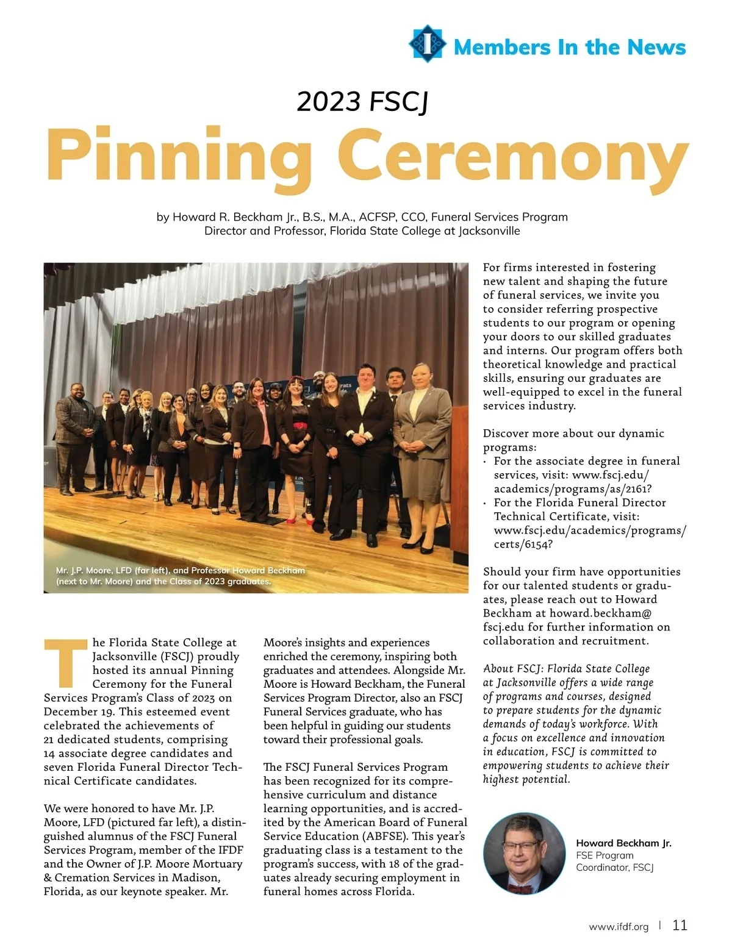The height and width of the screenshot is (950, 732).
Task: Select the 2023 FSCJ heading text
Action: tap(362, 102)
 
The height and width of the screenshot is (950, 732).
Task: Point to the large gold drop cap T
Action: tap(65, 662)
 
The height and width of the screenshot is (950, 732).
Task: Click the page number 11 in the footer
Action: tap(680, 925)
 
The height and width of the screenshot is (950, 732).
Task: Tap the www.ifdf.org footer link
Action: tap(619, 927)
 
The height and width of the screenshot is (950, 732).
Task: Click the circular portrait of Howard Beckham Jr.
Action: tap(522, 853)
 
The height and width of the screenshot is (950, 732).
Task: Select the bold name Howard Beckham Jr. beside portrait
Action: tap(623, 843)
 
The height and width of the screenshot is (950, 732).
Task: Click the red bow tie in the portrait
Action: tap(520, 889)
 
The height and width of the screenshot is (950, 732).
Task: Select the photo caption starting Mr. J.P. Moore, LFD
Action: tap(180, 576)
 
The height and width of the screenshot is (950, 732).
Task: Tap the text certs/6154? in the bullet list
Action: tap(523, 544)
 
